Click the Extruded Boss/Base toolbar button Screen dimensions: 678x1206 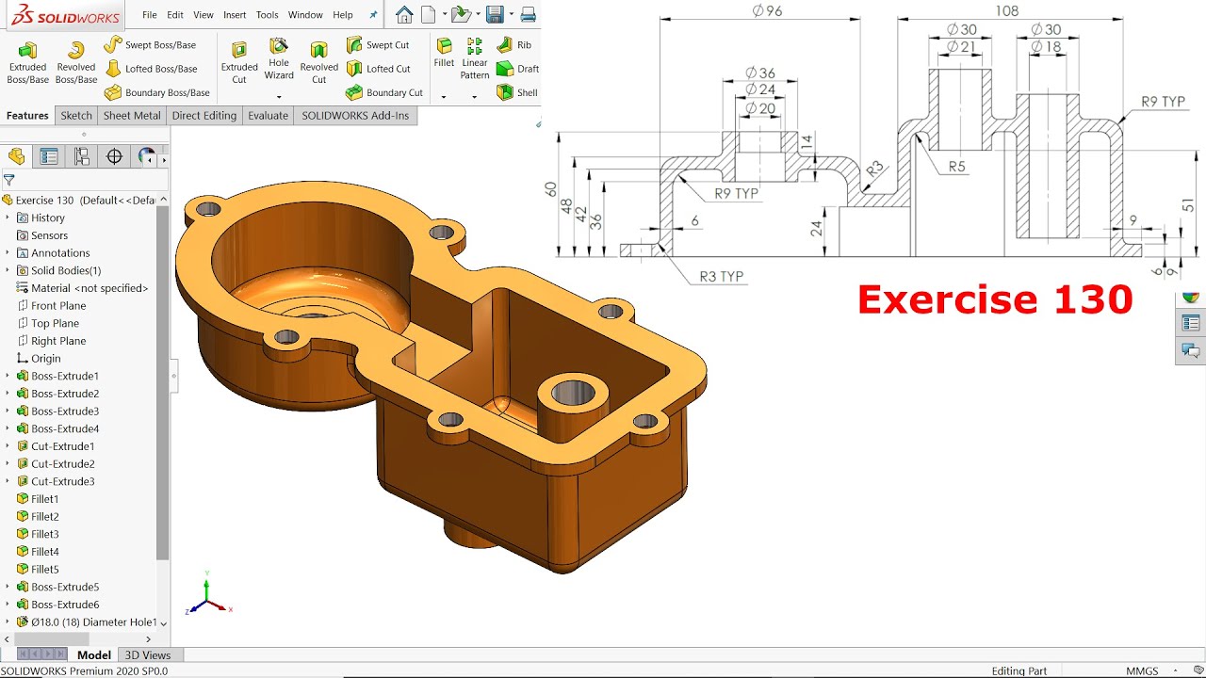click(x=27, y=61)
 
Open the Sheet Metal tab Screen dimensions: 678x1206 click(x=132, y=116)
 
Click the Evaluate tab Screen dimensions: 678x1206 click(x=268, y=116)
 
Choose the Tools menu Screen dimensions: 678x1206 click(x=268, y=15)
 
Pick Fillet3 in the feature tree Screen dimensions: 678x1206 click(x=44, y=534)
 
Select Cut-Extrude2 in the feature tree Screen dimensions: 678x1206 click(x=62, y=463)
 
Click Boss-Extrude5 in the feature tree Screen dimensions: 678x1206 click(x=64, y=587)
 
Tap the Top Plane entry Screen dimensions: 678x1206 click(x=55, y=323)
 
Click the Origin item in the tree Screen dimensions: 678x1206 click(x=45, y=358)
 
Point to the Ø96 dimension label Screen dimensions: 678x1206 click(x=768, y=11)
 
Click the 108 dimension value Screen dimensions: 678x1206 click(x=1006, y=11)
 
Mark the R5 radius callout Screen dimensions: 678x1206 click(x=956, y=167)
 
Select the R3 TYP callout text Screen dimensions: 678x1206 click(x=721, y=277)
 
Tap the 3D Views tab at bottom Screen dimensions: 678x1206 click(x=148, y=655)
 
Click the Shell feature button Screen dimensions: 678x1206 click(x=517, y=92)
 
